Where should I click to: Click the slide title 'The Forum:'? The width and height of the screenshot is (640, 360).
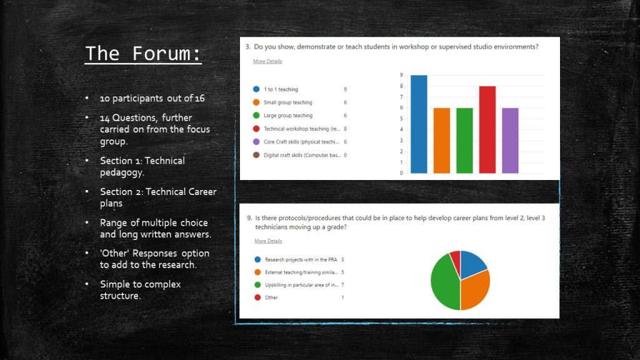click(x=143, y=54)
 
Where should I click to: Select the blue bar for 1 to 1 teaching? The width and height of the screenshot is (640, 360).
click(x=419, y=124)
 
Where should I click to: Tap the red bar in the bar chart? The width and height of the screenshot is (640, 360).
click(x=487, y=130)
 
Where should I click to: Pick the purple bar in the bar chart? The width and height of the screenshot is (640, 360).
click(x=510, y=141)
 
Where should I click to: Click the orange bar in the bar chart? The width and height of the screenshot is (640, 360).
click(x=442, y=141)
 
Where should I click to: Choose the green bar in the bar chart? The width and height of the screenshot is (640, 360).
click(x=464, y=141)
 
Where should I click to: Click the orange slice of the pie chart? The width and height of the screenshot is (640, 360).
click(x=476, y=290)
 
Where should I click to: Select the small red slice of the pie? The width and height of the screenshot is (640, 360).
click(x=456, y=258)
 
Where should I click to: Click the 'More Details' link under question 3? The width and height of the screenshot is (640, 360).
click(x=267, y=61)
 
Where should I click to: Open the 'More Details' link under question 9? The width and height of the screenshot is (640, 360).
click(x=268, y=241)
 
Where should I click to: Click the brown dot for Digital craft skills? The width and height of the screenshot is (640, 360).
click(x=256, y=155)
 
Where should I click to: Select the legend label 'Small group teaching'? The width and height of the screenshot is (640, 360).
click(x=287, y=102)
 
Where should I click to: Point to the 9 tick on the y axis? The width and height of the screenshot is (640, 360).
click(x=401, y=75)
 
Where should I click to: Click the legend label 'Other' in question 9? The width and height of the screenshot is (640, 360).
click(x=271, y=297)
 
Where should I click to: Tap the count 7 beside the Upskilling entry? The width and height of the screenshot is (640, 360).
click(x=343, y=285)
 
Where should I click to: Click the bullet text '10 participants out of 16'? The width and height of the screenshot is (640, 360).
click(x=152, y=98)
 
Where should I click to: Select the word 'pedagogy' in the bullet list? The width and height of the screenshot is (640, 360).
click(x=122, y=172)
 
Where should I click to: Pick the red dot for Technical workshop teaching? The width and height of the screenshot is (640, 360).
click(x=256, y=129)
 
